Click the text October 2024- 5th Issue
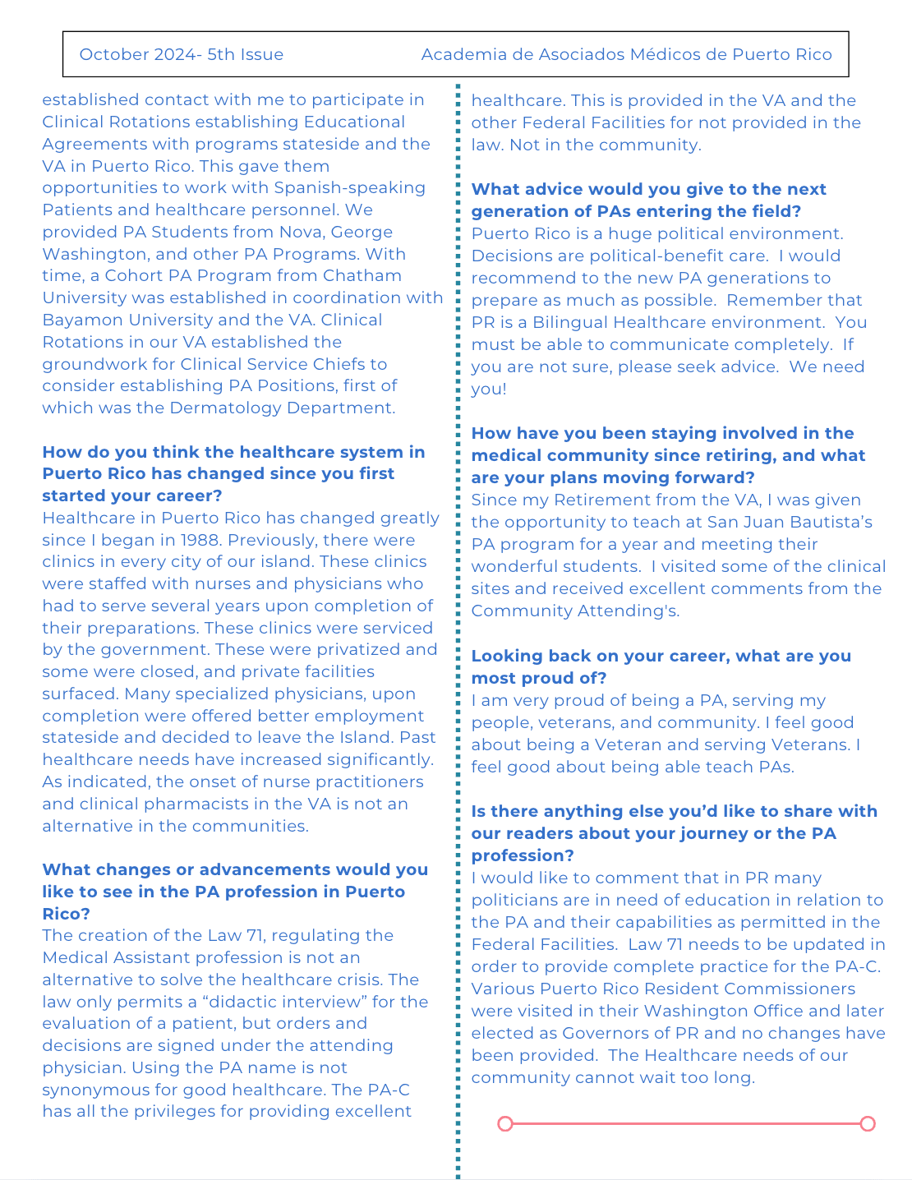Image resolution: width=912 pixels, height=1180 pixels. point(182,55)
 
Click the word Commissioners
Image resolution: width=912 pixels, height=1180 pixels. point(790,989)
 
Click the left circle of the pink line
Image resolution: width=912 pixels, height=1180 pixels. point(505,1123)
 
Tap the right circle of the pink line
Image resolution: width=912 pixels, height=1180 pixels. point(868,1123)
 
